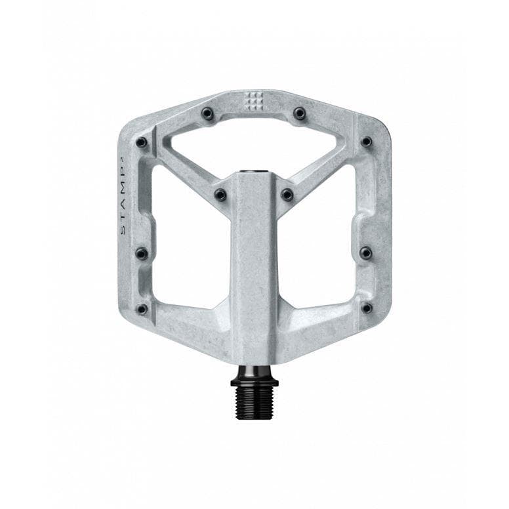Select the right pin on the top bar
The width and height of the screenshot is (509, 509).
point(300,113)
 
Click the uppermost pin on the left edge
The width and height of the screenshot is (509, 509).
point(141,142)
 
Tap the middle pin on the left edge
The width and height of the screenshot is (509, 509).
point(141,253)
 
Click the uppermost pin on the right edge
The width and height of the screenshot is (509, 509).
point(367,142)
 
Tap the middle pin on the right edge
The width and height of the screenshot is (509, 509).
point(367,253)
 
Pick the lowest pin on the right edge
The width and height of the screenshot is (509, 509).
point(367,308)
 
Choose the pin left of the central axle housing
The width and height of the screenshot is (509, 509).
point(220,195)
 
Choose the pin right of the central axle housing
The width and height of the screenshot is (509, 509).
point(287,195)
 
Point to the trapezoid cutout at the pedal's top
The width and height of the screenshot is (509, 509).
point(254,141)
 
